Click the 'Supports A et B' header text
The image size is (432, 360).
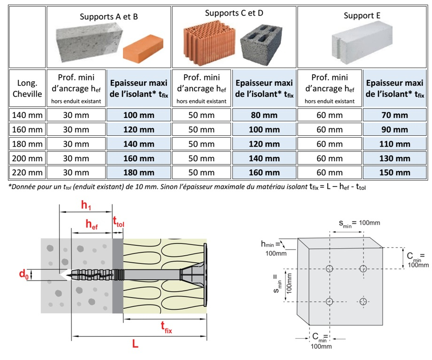[x=109, y=16]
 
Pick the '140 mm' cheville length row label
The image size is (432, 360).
[x=28, y=115]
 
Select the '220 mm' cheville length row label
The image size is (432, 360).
[x=28, y=172]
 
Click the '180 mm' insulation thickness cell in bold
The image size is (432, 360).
[x=139, y=172]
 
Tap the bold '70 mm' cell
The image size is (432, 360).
[x=394, y=115]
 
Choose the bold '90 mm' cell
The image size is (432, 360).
[x=394, y=129]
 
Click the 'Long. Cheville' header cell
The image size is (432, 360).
[x=28, y=88]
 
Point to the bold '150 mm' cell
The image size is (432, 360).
[x=394, y=172]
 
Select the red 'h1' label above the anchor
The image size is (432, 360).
[x=86, y=205]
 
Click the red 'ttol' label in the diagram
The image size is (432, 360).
[x=119, y=221]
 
